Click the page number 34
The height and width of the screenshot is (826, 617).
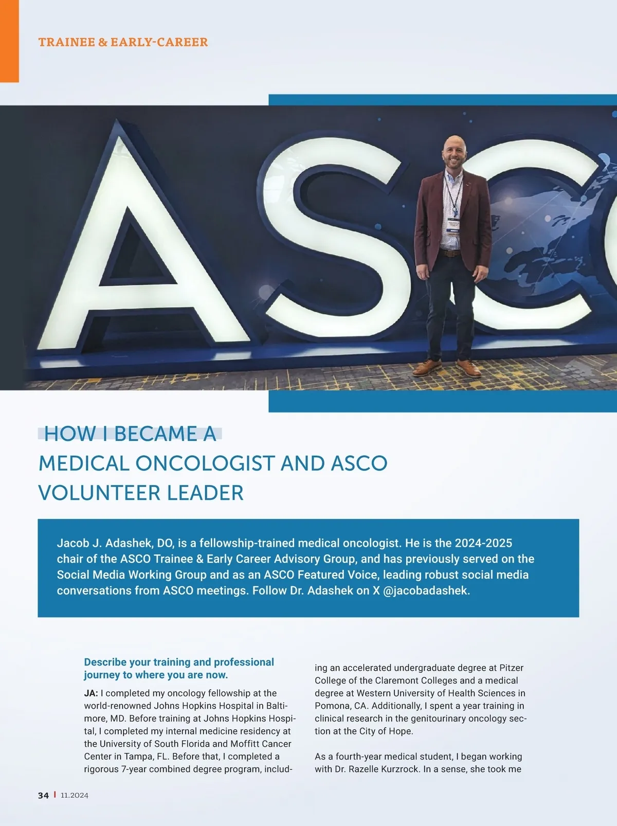pos(43,795)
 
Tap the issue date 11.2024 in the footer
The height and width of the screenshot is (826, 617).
pos(75,795)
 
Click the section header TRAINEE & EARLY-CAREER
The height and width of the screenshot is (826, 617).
pos(123,42)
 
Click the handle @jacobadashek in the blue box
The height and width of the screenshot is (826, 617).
pos(426,590)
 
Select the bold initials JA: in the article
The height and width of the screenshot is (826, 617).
pos(91,693)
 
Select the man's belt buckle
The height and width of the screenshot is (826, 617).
pos(450,253)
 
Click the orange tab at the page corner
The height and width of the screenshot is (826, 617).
pos(9,41)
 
